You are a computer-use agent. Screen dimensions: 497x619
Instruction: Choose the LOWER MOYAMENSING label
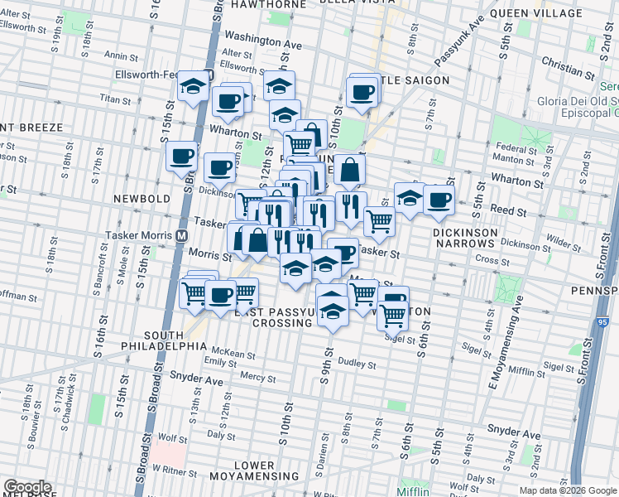[253, 472]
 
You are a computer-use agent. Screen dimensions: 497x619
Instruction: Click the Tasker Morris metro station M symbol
[180, 235]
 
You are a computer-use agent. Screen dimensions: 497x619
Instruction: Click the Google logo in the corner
[26, 487]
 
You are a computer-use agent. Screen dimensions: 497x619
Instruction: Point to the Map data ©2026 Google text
[568, 490]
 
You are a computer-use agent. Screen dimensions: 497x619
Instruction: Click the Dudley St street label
[357, 364]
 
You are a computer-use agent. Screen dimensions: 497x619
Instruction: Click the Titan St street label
[109, 97]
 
